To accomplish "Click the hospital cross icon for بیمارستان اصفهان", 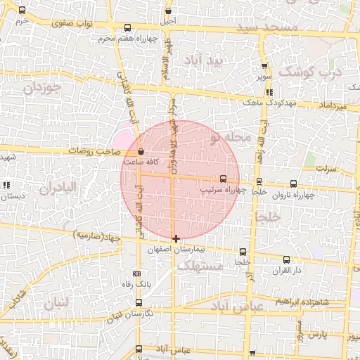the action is [x=176, y=239].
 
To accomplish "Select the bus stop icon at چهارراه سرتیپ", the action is [x=224, y=179].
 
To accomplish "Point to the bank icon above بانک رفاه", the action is [x=136, y=274].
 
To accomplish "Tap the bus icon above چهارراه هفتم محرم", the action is [x=126, y=27].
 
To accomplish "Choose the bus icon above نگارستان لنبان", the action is [x=138, y=302].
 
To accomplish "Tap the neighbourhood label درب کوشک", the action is [x=309, y=72].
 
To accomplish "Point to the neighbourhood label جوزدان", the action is [x=43, y=88].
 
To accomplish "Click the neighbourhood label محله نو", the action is [x=229, y=138].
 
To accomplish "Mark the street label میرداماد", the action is [x=333, y=105].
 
